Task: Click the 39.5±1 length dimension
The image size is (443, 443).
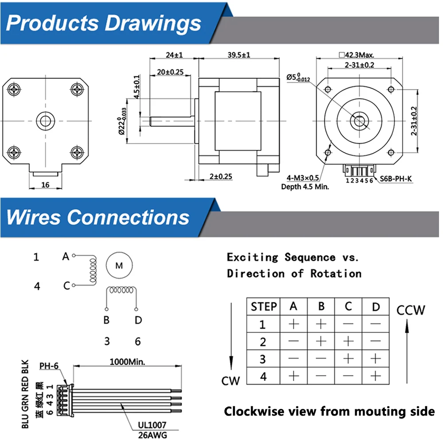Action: coord(239,54)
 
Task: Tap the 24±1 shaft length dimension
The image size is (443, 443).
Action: coord(174,54)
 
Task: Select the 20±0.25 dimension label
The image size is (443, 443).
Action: coord(170,72)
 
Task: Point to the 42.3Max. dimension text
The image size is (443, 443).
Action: coord(357,54)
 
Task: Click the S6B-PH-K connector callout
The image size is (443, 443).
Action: coord(396,179)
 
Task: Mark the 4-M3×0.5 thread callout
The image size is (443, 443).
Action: coord(303,178)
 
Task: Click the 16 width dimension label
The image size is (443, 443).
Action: coord(45,185)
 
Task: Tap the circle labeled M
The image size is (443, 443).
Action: coord(119,265)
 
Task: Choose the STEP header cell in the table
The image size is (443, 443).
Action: coord(264,307)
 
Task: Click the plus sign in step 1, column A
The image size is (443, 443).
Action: coord(294,324)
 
